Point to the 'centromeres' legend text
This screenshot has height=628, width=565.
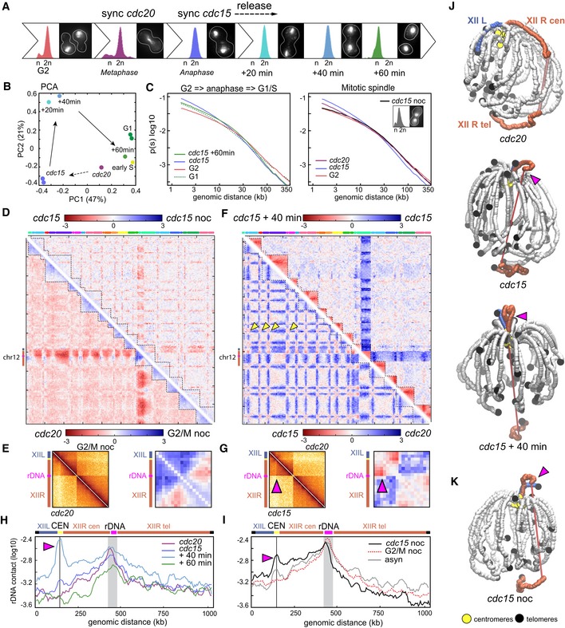tap(488, 619)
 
